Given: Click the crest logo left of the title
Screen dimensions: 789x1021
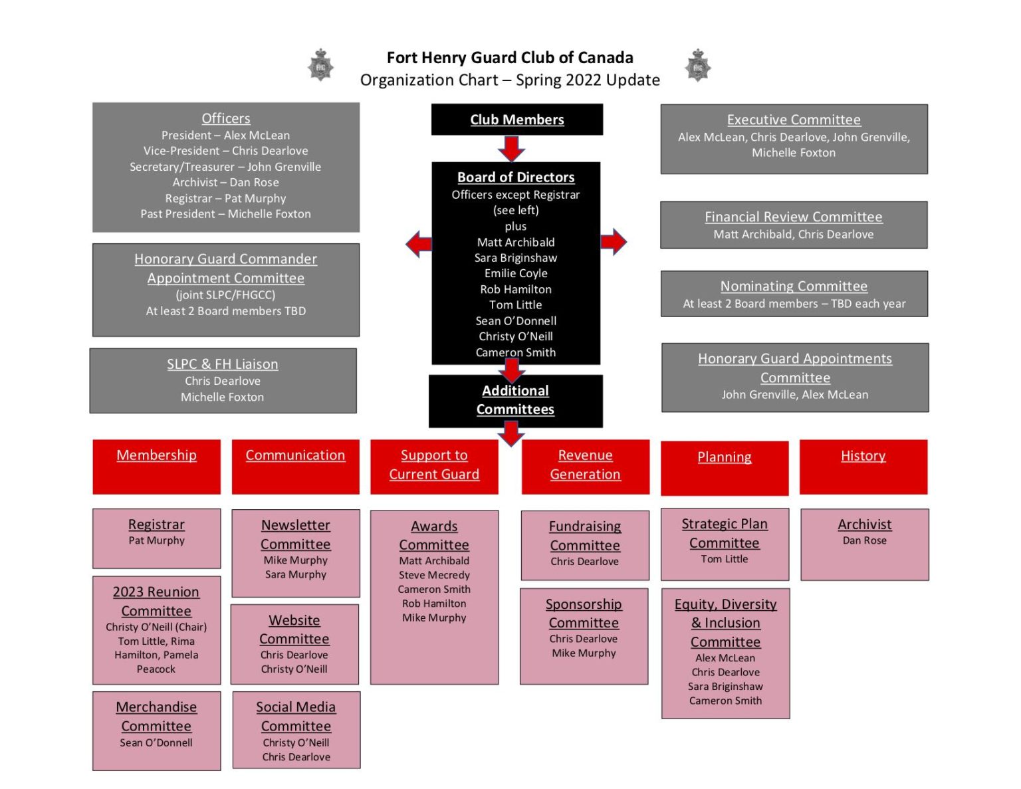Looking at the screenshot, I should pyautogui.click(x=320, y=66).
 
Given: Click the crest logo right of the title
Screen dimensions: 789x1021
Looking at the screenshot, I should pyautogui.click(x=698, y=66).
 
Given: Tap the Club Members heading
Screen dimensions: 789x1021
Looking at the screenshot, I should pyautogui.click(x=516, y=120).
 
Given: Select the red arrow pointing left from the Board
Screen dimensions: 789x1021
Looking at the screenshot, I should pyautogui.click(x=419, y=244).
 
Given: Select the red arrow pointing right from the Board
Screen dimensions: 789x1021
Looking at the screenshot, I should pyautogui.click(x=614, y=242).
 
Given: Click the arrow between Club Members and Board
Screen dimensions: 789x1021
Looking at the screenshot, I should pyautogui.click(x=511, y=148).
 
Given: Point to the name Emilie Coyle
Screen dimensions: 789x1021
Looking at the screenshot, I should pyautogui.click(x=516, y=273).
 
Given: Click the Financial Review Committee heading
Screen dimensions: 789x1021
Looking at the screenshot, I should pyautogui.click(x=793, y=217).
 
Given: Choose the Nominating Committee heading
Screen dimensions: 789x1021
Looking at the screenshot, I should pyautogui.click(x=794, y=286).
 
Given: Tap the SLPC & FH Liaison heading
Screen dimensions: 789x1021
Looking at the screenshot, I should pyautogui.click(x=223, y=364).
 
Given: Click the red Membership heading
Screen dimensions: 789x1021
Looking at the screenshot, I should pyautogui.click(x=156, y=455).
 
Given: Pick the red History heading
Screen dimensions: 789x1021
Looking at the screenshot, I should pyautogui.click(x=863, y=456).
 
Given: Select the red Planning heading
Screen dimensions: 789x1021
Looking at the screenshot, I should pyautogui.click(x=724, y=457).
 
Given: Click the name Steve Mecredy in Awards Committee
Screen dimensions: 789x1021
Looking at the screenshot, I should pyautogui.click(x=434, y=575).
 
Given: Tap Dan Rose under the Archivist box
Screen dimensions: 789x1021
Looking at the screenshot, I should pyautogui.click(x=864, y=540).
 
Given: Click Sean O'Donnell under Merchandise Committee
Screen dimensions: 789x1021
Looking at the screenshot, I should pyautogui.click(x=156, y=742).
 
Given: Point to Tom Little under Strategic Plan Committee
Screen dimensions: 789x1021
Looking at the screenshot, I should pyautogui.click(x=724, y=559).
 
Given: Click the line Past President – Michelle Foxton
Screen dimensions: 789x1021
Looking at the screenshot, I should pyautogui.click(x=225, y=214).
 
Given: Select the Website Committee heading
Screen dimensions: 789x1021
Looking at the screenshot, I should pyautogui.click(x=294, y=629).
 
